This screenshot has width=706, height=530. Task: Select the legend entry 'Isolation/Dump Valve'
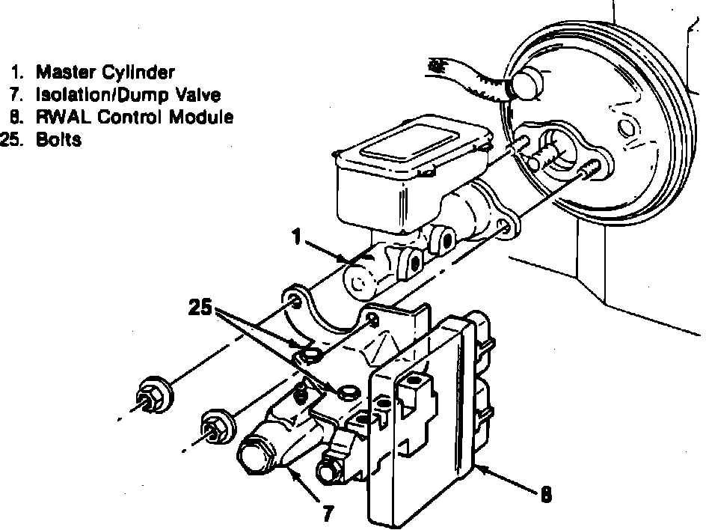pyautogui.click(x=128, y=95)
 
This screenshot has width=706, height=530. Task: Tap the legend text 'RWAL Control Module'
pyautogui.click(x=135, y=118)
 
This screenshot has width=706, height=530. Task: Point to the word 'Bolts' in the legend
pyautogui.click(x=58, y=140)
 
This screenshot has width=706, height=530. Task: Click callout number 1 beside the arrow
pyautogui.click(x=297, y=238)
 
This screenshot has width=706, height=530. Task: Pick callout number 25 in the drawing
pyautogui.click(x=200, y=308)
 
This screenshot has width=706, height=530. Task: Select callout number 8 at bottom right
pyautogui.click(x=547, y=493)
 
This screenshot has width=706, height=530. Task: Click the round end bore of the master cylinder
pyautogui.click(x=357, y=282)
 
